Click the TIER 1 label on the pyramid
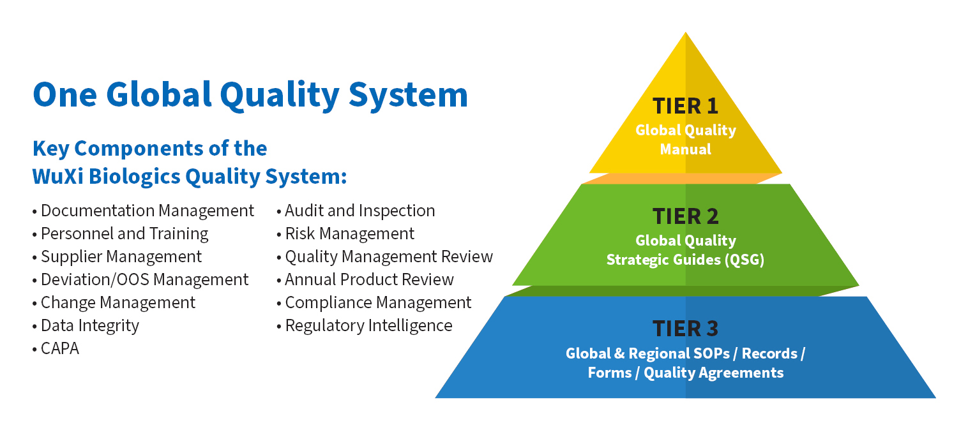[x=685, y=106]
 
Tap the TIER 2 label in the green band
[x=685, y=216]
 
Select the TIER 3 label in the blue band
[x=685, y=329]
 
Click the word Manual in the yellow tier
[x=685, y=149]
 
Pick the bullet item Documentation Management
[x=147, y=211]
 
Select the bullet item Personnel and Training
[x=125, y=234]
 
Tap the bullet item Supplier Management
[x=121, y=256]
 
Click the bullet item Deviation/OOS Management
[x=144, y=279]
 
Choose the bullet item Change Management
[x=118, y=302]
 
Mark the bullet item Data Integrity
[x=90, y=325]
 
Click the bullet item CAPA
[x=59, y=348]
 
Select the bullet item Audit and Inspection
[x=360, y=211]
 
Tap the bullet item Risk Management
[x=350, y=234]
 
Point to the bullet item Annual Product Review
[x=370, y=279]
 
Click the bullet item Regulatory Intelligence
[x=368, y=325]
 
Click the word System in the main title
[x=409, y=96]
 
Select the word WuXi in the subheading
[x=58, y=177]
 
